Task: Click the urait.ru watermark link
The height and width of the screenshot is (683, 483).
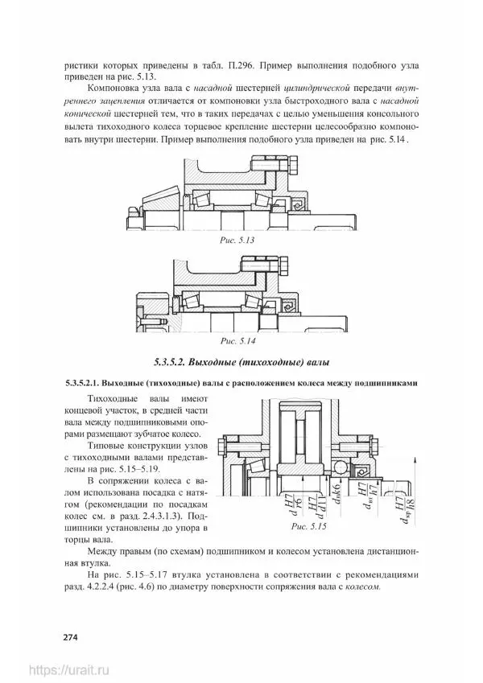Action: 68,669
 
